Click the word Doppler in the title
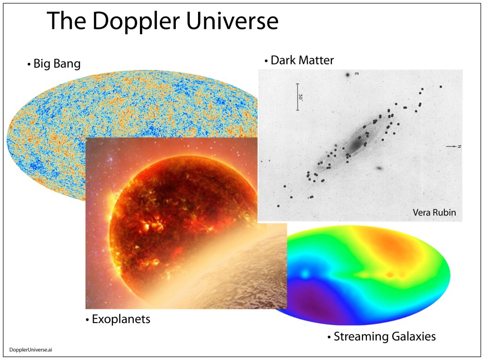[x=136, y=21]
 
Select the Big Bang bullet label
[x=54, y=64]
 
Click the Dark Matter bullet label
[x=299, y=60]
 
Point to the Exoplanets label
[x=118, y=319]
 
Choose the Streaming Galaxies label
[x=381, y=336]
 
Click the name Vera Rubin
[x=434, y=212]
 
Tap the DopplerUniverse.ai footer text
[x=31, y=350]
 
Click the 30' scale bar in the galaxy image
[x=298, y=97]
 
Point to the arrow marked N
[x=451, y=146]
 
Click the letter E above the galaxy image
[x=356, y=74]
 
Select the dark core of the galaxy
[x=357, y=143]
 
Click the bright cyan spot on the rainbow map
[x=305, y=274]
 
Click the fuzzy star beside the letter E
[x=347, y=75]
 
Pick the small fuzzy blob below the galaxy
[x=380, y=168]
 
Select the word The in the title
[x=66, y=21]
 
